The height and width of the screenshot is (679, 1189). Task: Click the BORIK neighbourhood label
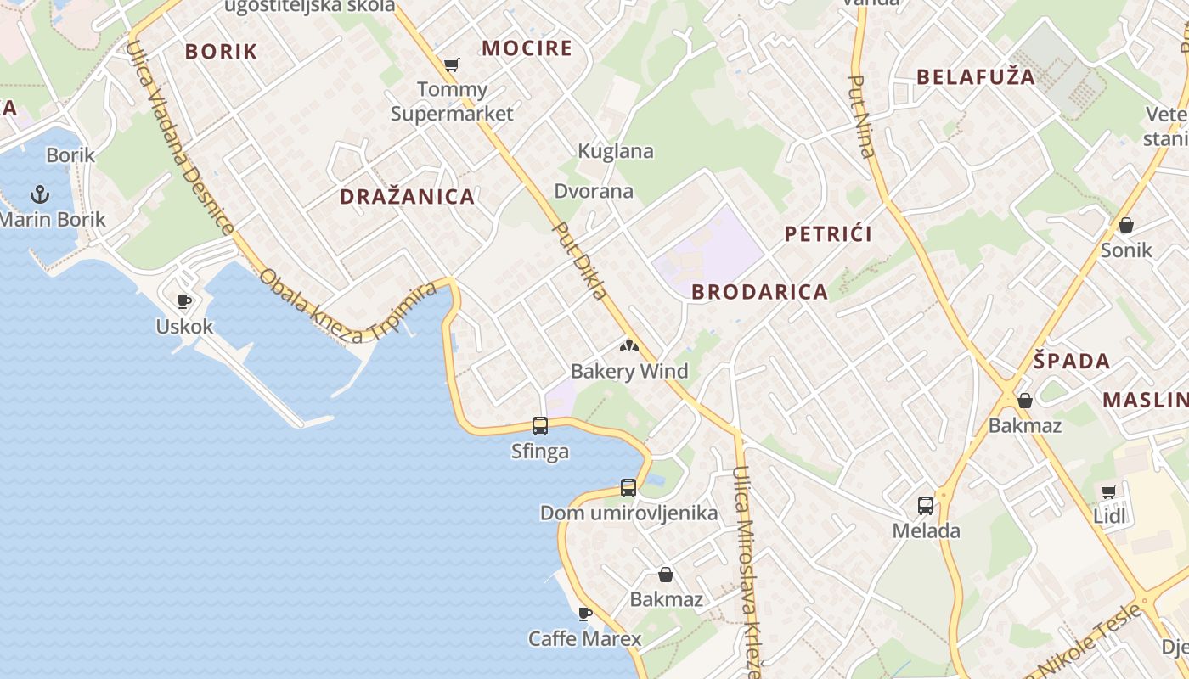pos(221,51)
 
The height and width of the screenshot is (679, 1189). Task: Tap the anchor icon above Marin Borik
pos(40,194)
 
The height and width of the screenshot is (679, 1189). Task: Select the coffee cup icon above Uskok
pos(183,301)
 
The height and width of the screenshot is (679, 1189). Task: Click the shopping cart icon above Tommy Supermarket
pos(452,65)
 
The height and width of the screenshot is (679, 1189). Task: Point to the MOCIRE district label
pos(527,48)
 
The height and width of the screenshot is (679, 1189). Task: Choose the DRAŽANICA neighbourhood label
pos(407,197)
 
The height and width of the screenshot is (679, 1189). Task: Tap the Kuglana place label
pos(616,151)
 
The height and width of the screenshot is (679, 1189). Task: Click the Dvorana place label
pos(594,190)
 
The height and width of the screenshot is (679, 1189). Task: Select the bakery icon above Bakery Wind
pos(628,345)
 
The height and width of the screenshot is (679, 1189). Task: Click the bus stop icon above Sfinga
pos(540,425)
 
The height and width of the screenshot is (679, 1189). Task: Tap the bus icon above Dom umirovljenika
pos(628,487)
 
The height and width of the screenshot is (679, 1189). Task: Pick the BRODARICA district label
pos(759,292)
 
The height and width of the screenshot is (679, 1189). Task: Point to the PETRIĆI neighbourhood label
pos(828,234)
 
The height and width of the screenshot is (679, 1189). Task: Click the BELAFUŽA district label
pos(976,77)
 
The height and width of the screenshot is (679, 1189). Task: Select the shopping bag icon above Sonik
pos(1126,225)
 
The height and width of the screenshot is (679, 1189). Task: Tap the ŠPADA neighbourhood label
pos(1072,361)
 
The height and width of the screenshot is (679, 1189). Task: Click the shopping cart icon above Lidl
pos(1109,491)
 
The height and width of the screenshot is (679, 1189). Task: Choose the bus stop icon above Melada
pos(926,506)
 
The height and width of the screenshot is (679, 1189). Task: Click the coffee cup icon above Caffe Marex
pos(584,613)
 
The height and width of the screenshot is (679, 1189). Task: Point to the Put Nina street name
pos(861,116)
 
